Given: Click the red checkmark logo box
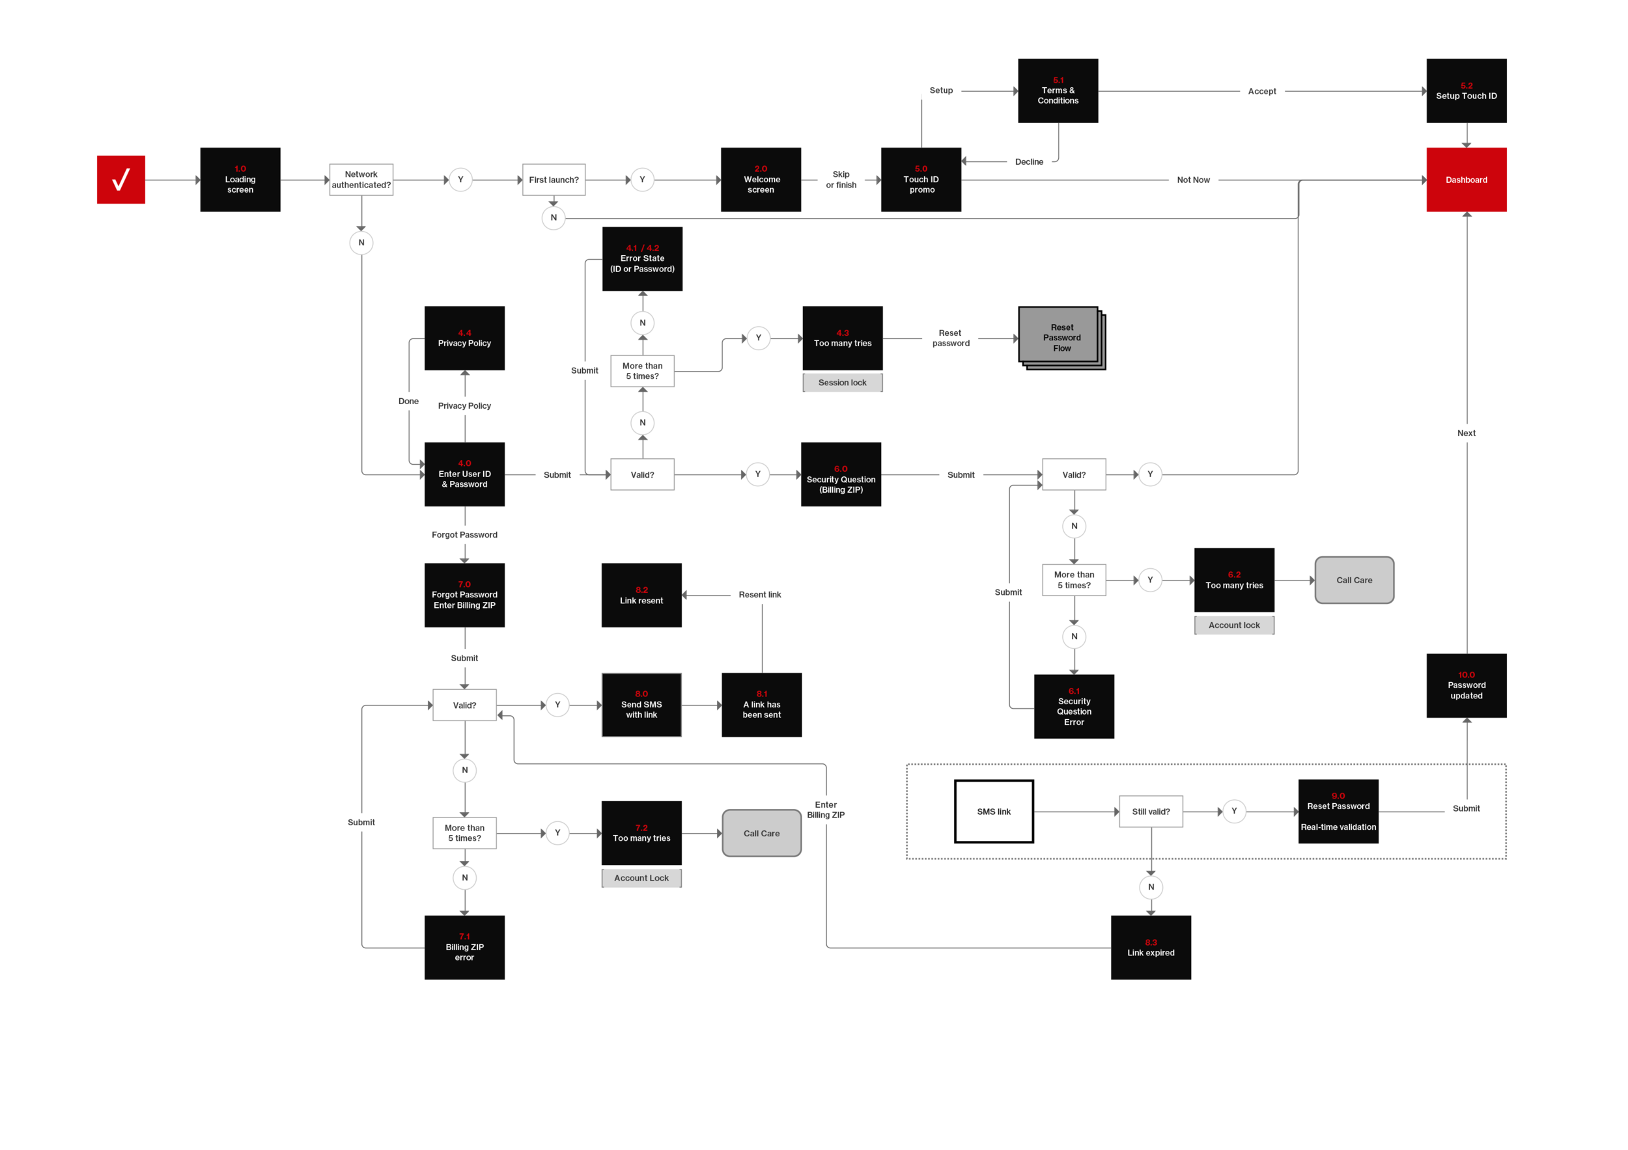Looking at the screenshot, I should tap(121, 180).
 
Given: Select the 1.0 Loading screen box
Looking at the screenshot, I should tap(240, 180).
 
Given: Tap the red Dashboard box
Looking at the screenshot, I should tap(1467, 180).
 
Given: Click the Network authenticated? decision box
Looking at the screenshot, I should tap(361, 180).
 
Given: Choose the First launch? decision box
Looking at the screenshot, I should tap(554, 180).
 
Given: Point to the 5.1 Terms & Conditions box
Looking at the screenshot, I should tap(1058, 90).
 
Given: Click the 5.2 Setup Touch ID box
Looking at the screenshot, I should tap(1467, 90).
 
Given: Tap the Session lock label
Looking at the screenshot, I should tap(843, 383).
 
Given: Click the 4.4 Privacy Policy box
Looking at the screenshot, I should tap(464, 338).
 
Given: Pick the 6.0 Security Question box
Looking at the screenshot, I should tap(841, 474).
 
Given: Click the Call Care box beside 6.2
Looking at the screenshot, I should tap(1354, 581).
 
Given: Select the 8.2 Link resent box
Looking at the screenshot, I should tap(641, 596).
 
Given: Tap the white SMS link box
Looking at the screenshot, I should tap(994, 812).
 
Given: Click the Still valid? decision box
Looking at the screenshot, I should tap(1151, 812).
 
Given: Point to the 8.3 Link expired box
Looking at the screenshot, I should tap(1151, 948).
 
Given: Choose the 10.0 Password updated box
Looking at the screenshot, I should tap(1467, 685).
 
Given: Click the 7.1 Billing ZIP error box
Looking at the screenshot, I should tap(464, 948).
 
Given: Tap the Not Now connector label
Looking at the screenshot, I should tap(1194, 180).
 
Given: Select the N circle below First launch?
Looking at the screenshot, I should tap(554, 217).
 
